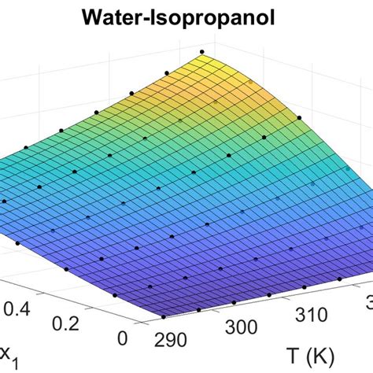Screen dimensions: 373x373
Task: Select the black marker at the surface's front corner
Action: coord(163,317)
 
